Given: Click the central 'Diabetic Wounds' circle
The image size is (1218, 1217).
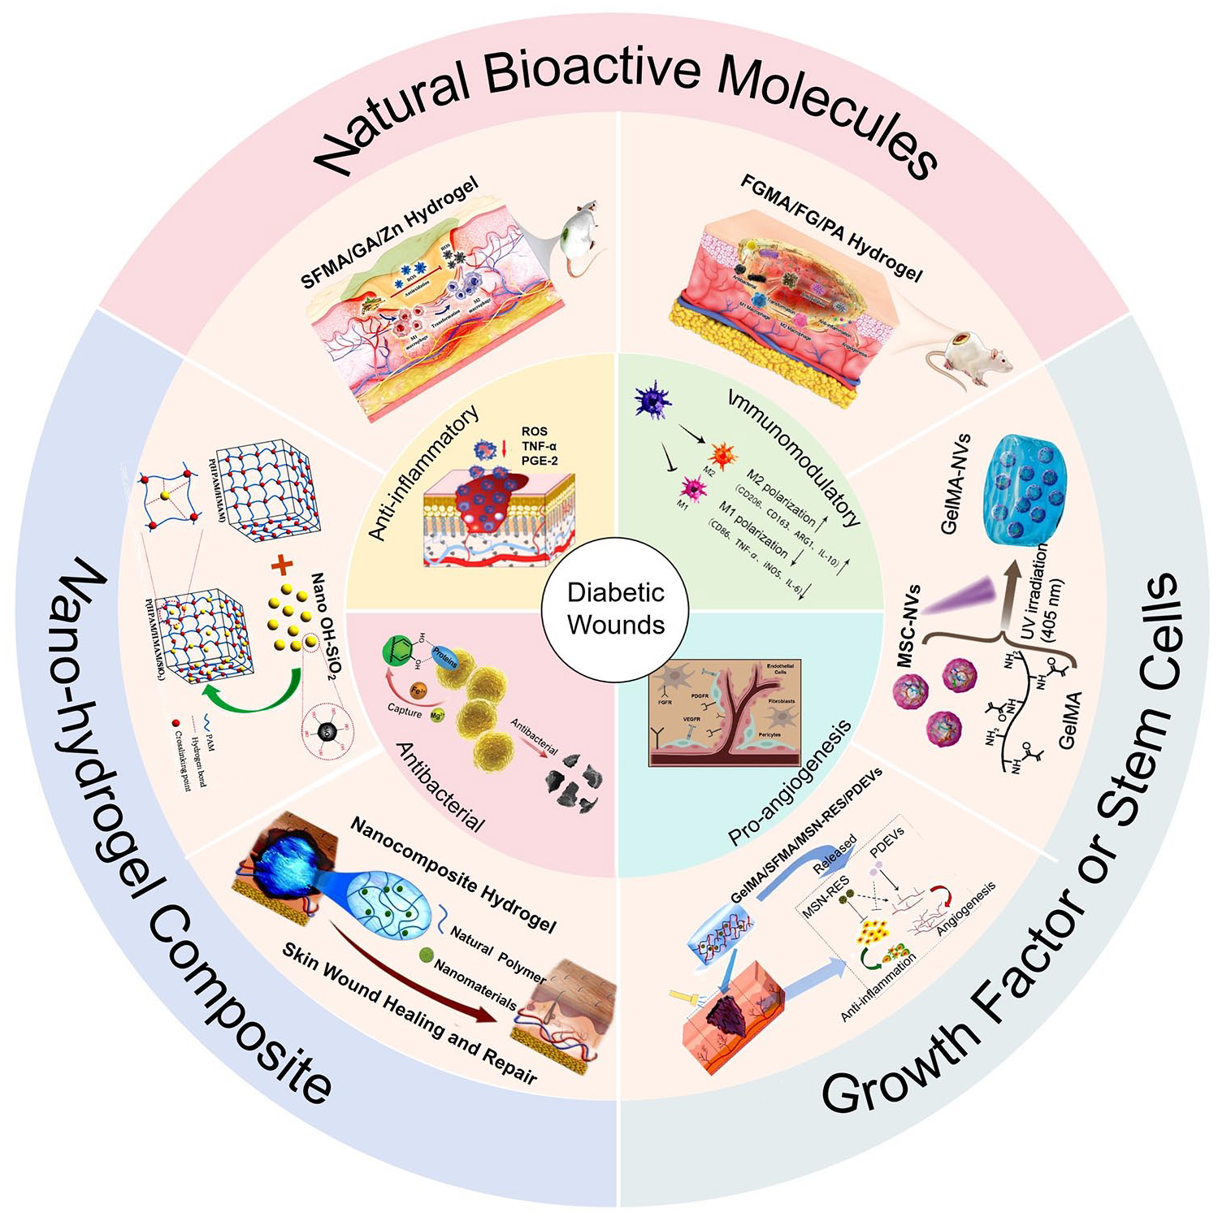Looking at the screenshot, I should coord(615,608).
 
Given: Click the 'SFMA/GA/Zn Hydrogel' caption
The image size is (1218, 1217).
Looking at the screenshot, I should coord(389,232).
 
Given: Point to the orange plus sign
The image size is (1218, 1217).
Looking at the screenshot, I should coord(280,565).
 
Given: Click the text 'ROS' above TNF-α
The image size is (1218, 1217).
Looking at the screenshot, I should coord(535,431).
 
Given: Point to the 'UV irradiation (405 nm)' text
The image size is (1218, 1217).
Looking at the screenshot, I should coord(1044,591).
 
